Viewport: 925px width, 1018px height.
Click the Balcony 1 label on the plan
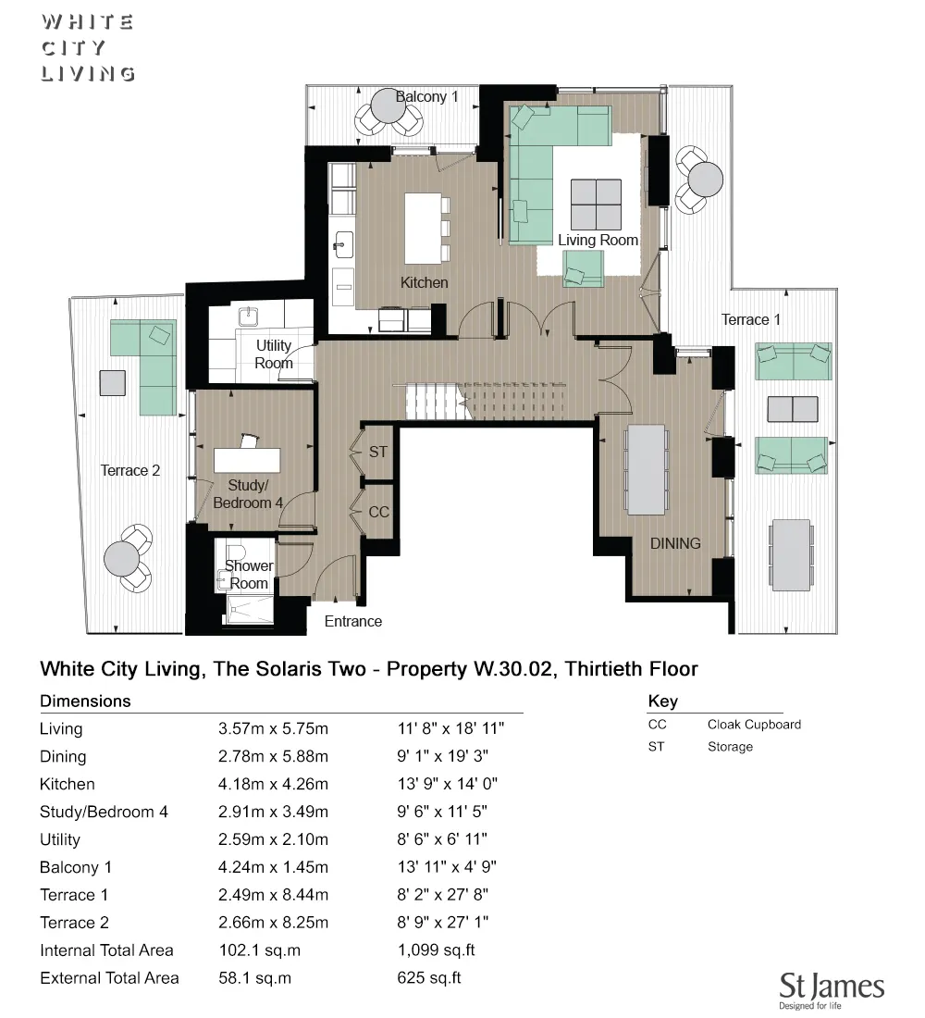[x=426, y=97]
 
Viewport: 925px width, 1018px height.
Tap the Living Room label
[x=598, y=240]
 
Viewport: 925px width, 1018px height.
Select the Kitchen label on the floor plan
[x=424, y=282]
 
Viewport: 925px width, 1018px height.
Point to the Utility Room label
[x=273, y=354]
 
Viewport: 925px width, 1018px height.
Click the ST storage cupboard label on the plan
[x=377, y=453]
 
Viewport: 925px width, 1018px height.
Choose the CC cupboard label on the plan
[x=378, y=512]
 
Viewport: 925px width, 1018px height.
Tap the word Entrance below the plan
[x=352, y=621]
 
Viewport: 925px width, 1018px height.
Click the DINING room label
[x=674, y=543]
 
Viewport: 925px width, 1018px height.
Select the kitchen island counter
[x=424, y=228]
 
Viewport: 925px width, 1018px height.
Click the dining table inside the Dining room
[x=646, y=469]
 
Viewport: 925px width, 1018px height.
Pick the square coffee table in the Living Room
[x=596, y=204]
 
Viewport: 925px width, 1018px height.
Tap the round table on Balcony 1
[x=387, y=107]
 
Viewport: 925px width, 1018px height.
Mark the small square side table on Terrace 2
[x=112, y=382]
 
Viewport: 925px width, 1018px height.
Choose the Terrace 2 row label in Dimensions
[x=74, y=923]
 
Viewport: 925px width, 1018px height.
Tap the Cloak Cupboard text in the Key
[x=754, y=725]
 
